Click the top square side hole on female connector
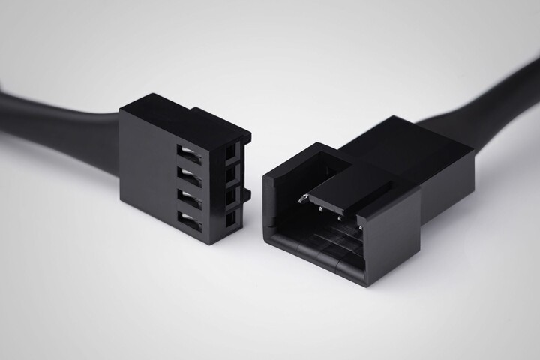coord(230,153)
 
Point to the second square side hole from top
coord(230,175)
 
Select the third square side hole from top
coord(230,196)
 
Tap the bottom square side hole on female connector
coord(230,217)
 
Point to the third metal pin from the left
coord(339,217)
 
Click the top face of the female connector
coord(180,112)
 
